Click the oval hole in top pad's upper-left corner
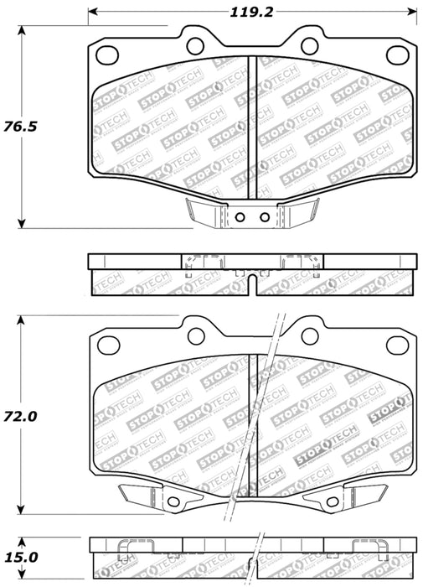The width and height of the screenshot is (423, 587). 107,55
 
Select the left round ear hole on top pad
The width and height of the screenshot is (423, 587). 195,44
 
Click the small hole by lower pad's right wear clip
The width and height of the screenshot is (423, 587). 330,502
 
